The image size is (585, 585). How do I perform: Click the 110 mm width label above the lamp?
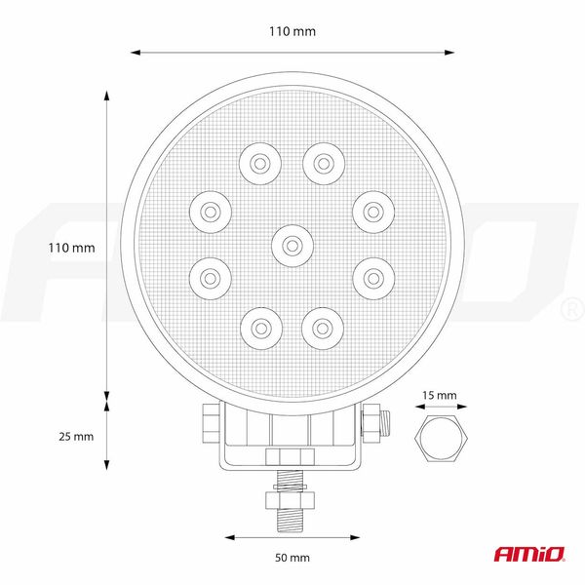click(292, 31)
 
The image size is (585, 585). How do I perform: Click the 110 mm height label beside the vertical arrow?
click(71, 248)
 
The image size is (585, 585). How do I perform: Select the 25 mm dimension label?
click(71, 436)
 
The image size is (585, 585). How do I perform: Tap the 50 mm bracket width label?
click(292, 557)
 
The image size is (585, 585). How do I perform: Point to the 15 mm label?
click(441, 395)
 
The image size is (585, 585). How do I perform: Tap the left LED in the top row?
click(259, 163)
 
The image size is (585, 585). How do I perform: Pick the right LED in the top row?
click(322, 163)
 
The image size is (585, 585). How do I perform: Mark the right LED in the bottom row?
click(322, 325)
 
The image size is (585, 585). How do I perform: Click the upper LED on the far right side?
click(371, 209)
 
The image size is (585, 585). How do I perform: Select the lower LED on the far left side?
click(208, 277)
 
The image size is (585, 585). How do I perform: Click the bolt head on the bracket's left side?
click(208, 423)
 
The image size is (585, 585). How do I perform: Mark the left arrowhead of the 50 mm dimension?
click(230, 535)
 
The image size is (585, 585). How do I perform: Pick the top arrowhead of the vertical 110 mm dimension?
click(106, 98)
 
